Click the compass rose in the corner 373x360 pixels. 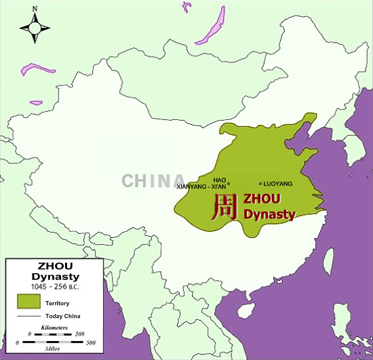(x=35, y=28)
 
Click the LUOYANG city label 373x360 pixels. (x=278, y=184)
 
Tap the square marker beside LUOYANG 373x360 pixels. (x=260, y=184)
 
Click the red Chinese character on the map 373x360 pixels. (x=223, y=207)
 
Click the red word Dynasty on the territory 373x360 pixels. (x=269, y=215)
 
